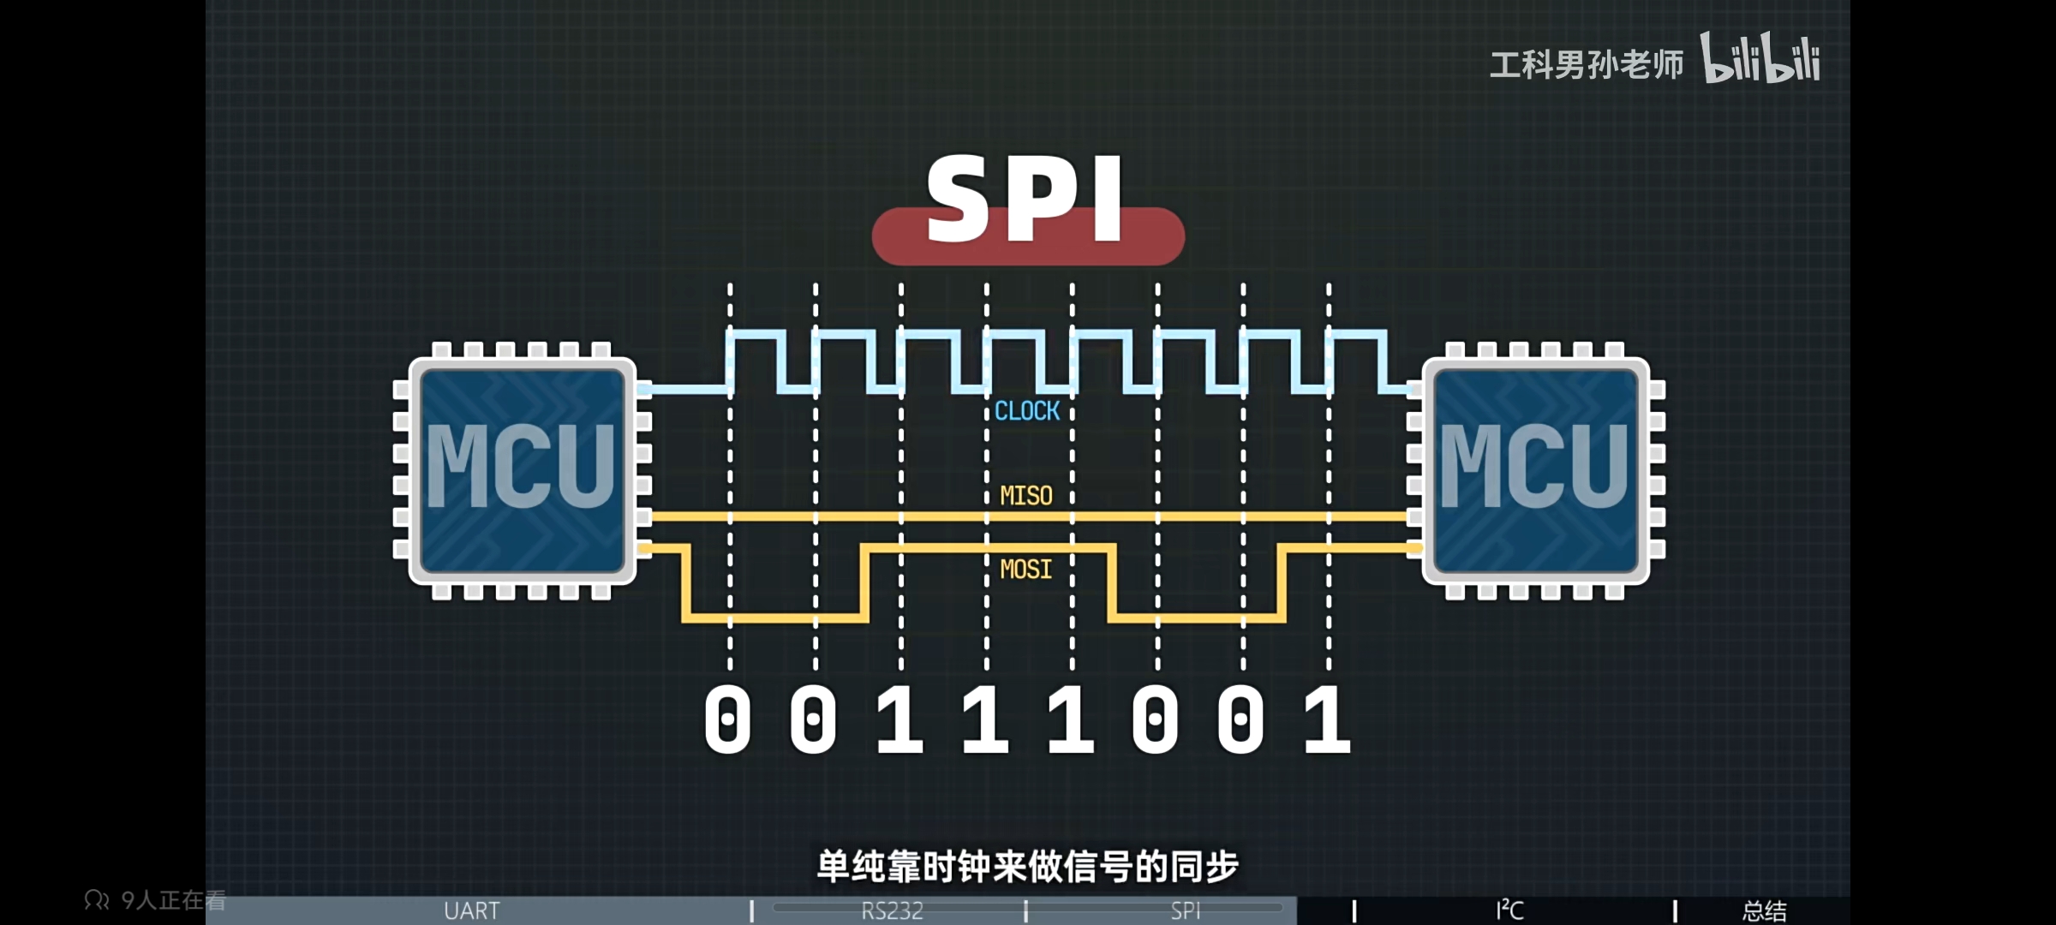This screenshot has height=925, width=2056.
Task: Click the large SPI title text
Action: click(1026, 201)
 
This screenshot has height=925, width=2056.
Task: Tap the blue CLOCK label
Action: click(1027, 412)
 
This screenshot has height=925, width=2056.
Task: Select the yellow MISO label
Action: click(1026, 496)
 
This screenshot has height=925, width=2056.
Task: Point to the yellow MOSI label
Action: click(1026, 570)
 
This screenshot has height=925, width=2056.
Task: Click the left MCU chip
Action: click(522, 470)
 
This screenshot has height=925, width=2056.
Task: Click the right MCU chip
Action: click(1536, 470)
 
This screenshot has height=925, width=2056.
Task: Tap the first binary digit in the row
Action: click(727, 719)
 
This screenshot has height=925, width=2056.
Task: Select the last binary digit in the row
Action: click(1327, 719)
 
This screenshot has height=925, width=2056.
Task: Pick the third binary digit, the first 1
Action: click(899, 719)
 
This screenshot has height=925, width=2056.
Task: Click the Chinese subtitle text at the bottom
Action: click(1027, 867)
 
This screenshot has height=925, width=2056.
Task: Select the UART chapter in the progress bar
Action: click(471, 910)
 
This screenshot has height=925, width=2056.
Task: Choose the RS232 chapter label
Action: click(892, 910)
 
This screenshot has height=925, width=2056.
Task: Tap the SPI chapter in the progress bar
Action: click(1186, 910)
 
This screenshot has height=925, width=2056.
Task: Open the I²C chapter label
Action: click(1509, 910)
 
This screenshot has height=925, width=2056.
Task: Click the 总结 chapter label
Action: click(1765, 910)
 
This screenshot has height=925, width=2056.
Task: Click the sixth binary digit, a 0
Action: click(1156, 719)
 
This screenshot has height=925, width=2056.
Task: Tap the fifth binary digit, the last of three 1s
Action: click(1071, 719)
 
